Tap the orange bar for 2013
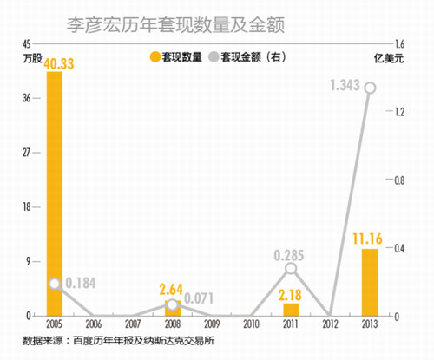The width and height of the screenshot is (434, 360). (370, 282)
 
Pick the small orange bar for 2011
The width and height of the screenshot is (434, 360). (291, 309)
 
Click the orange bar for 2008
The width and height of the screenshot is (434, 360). (173, 308)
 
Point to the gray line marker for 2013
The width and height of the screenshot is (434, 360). (370, 87)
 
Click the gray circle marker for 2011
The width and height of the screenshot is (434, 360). (291, 268)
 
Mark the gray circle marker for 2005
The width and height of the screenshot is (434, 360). (54, 284)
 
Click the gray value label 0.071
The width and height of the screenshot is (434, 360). (201, 298)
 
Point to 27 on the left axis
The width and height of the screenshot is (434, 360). (25, 153)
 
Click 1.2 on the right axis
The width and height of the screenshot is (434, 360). (400, 112)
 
